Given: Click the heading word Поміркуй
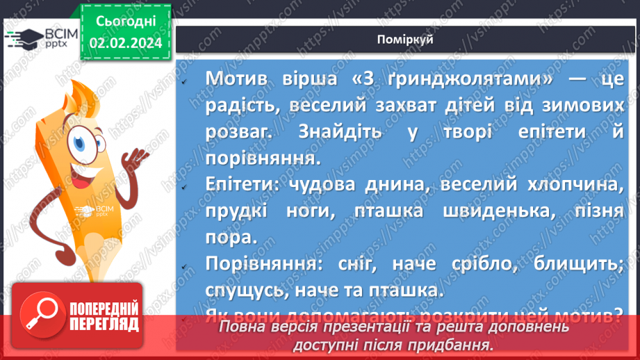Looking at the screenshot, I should (x=407, y=39).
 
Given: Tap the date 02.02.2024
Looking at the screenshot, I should (x=126, y=43).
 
